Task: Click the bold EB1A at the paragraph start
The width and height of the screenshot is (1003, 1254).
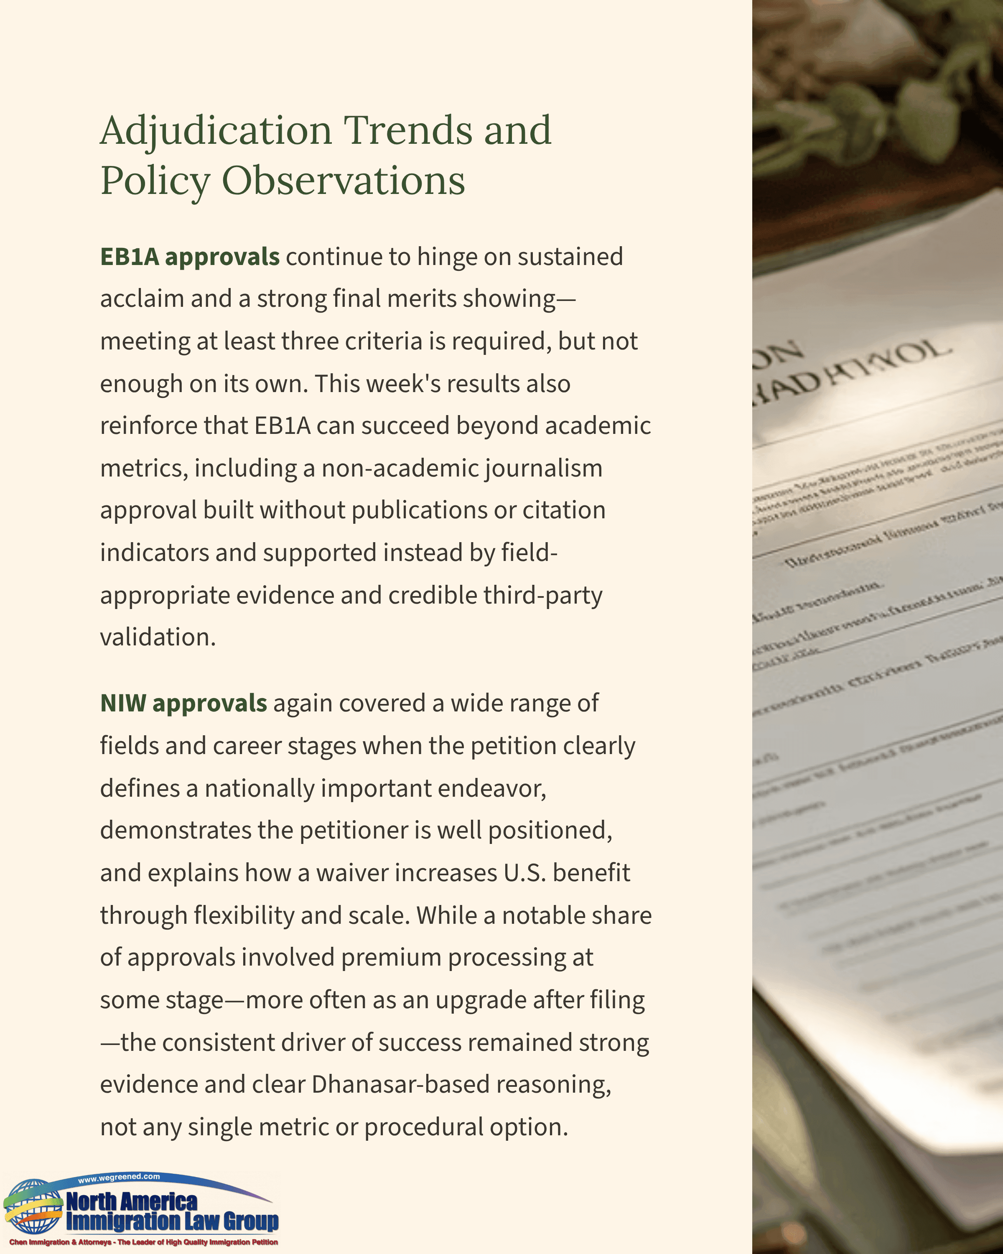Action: pyautogui.click(x=129, y=257)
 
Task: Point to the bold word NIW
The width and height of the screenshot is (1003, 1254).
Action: pyautogui.click(x=123, y=703)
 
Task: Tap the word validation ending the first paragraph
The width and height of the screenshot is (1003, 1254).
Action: pyautogui.click(x=157, y=637)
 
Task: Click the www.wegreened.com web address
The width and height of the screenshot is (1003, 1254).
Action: pyautogui.click(x=119, y=1177)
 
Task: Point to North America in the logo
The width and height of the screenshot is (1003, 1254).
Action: pyautogui.click(x=132, y=1200)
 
